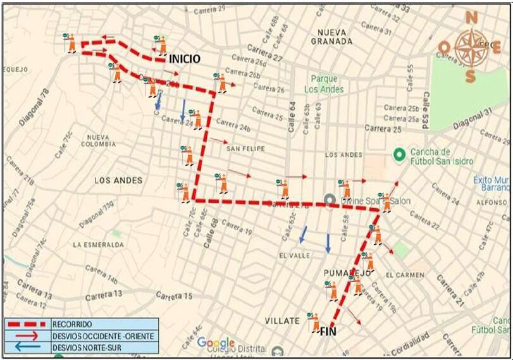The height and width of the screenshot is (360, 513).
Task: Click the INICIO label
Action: pyautogui.click(x=184, y=59)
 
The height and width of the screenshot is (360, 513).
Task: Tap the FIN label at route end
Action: pyautogui.click(x=328, y=331)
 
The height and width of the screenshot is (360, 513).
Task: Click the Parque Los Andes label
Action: pyautogui.click(x=324, y=84)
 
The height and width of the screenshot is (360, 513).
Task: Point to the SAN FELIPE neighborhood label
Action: pyautogui.click(x=245, y=149)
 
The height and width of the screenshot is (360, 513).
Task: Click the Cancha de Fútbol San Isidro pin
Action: pyautogui.click(x=399, y=154)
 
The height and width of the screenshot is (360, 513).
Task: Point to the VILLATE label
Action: pyautogui.click(x=281, y=321)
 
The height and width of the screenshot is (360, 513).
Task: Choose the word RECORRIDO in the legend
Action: pyautogui.click(x=73, y=324)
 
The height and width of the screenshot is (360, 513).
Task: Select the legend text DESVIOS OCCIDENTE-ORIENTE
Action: pyautogui.click(x=103, y=336)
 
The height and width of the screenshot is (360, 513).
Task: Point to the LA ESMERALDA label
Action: pyautogui.click(x=96, y=244)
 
